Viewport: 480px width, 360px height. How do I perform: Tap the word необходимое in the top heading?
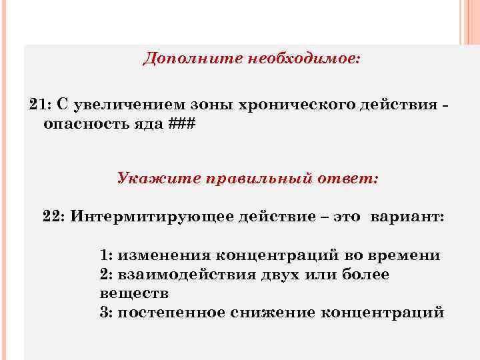304,59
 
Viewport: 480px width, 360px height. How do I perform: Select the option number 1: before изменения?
106,255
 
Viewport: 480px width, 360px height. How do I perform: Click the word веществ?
134,293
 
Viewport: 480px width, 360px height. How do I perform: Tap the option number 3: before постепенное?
106,313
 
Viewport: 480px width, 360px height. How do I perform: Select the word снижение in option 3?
270,313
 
